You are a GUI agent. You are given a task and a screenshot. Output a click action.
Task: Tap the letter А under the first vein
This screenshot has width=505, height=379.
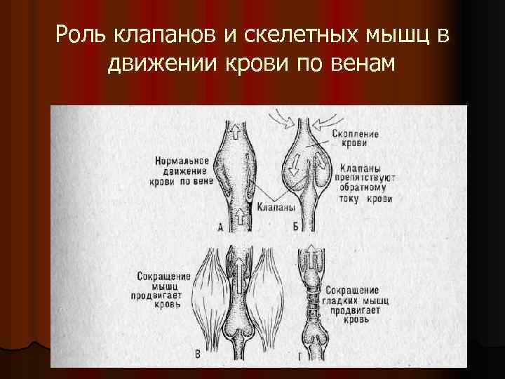[221, 226]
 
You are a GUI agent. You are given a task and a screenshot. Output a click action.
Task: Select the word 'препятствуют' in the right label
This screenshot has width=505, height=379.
[367, 178]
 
